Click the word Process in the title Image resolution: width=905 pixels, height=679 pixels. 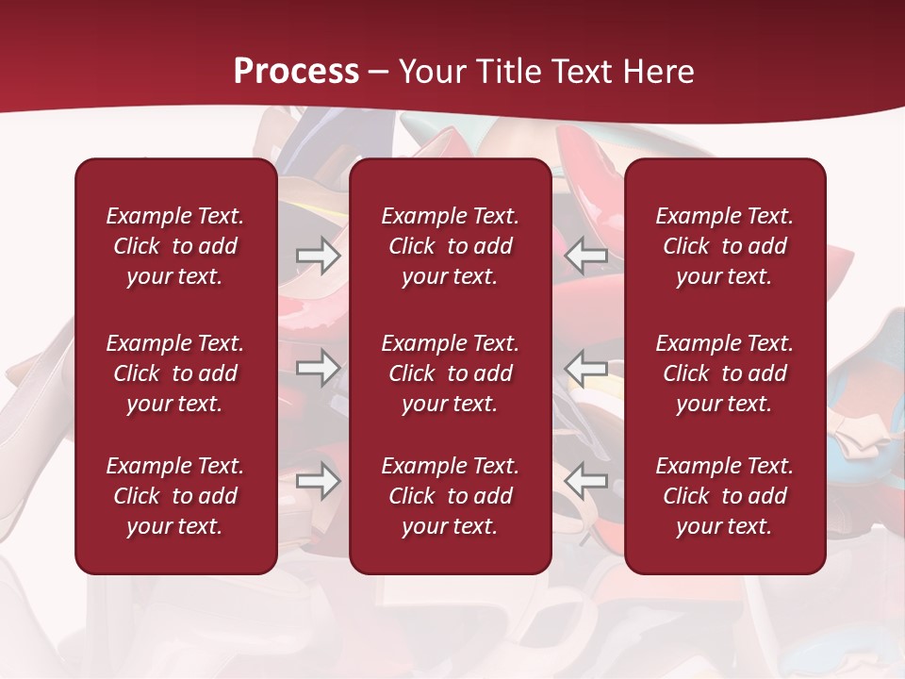coord(296,72)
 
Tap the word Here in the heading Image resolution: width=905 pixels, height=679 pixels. coord(658,72)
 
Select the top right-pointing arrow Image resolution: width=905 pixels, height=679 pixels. coord(318,256)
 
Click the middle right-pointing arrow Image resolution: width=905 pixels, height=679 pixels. coord(318,368)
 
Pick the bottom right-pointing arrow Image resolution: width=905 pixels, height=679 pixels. coord(318,481)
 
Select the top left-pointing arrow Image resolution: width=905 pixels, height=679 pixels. coord(585,256)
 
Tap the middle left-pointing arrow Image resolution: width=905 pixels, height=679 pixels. coord(585,368)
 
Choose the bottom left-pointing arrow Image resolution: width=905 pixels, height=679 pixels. coord(585,481)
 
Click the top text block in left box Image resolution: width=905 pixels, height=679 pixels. coord(175,246)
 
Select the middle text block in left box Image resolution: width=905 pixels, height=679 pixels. coord(175,373)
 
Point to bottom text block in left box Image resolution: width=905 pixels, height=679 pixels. coord(175,496)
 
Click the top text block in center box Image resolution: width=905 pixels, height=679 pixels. coord(450,246)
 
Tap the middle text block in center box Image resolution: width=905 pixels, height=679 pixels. coord(450,373)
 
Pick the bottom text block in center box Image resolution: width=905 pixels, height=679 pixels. coord(450,496)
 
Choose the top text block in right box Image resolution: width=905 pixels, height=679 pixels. coord(724,246)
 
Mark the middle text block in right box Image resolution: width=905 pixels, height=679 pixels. coord(724,373)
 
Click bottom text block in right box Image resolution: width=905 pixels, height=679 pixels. coord(724,496)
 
